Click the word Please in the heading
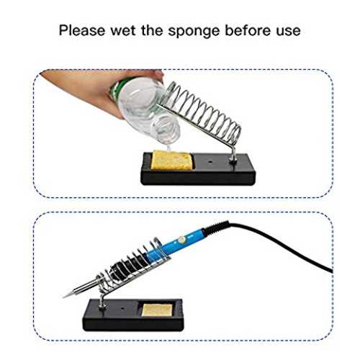coord(82,31)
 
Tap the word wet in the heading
coord(123,31)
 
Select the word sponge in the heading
coord(194,32)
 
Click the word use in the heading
coord(288,32)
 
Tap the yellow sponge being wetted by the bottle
coord(171,160)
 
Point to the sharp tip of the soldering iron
coord(63,297)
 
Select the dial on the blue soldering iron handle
coord(182,240)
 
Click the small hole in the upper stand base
coord(211,162)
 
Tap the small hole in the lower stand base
coord(122,307)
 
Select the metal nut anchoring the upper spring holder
coord(233,161)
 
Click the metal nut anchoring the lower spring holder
coord(102,307)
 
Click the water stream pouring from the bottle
coord(170,145)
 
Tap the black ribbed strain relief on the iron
coord(215,228)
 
